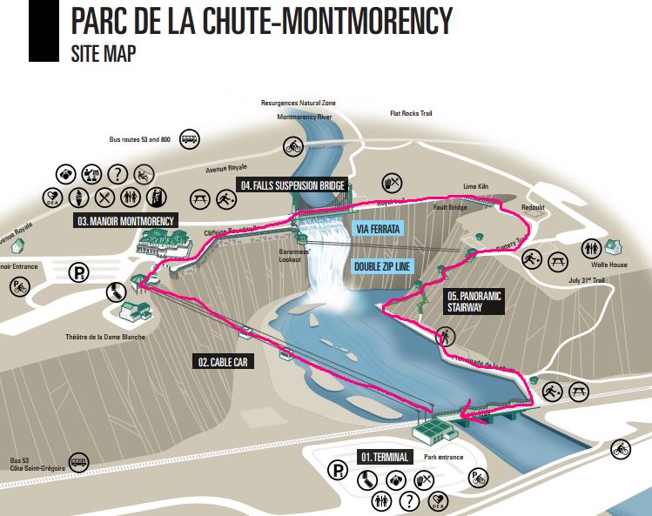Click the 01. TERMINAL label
pos(384,456)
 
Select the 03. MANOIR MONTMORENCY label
pos(125,221)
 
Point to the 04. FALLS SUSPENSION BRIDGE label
pos(293,185)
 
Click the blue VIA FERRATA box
pos(377,229)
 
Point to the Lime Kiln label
pos(474,187)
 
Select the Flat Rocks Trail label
pos(411,114)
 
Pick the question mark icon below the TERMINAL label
pos(407,501)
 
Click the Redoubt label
pos(532,210)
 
